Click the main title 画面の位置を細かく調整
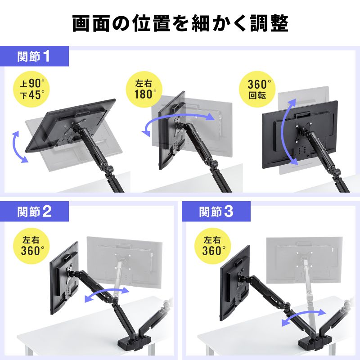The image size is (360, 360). click(180, 23)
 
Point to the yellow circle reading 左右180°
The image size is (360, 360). click(145, 89)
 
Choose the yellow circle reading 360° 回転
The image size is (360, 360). click(260, 89)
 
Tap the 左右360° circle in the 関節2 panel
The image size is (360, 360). click(32, 243)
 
